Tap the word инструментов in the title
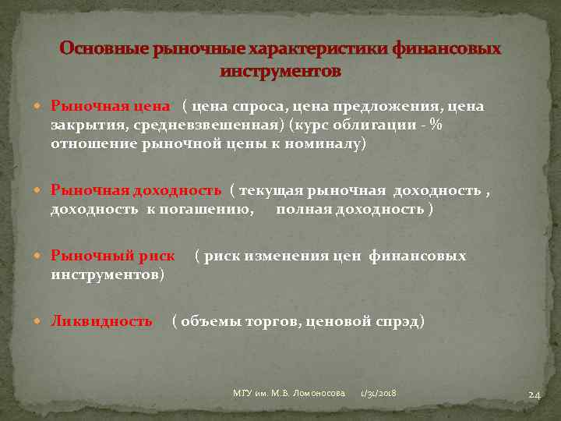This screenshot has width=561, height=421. (x=280, y=71)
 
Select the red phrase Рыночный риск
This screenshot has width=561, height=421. (x=113, y=256)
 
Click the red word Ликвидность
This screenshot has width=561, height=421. (x=101, y=320)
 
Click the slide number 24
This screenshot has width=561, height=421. (x=534, y=395)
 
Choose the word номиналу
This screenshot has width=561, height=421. (x=326, y=144)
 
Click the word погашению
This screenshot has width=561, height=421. (x=214, y=210)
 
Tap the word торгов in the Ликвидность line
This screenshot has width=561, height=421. (x=273, y=320)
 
